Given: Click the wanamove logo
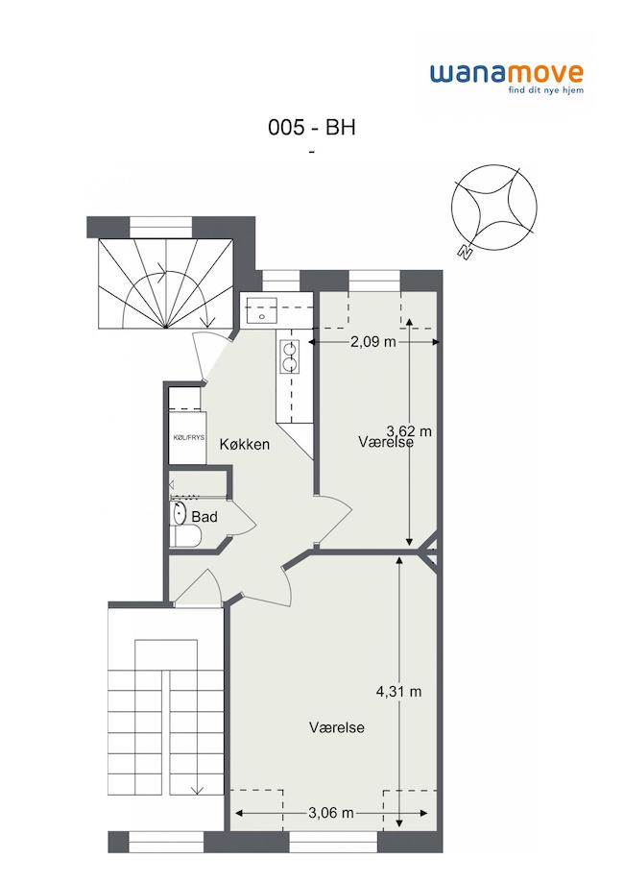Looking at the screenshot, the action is tap(507, 79).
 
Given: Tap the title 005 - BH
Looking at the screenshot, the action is tap(312, 128).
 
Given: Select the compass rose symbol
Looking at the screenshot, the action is tap(494, 207).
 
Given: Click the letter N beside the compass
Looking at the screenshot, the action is tap(465, 253).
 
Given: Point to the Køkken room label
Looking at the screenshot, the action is tap(245, 444).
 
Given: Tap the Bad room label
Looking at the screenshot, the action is tap(204, 516).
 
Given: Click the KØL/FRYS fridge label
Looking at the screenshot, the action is tap(188, 437).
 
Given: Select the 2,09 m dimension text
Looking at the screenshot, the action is tap(373, 342).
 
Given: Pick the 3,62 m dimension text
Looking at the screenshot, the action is tap(409, 431).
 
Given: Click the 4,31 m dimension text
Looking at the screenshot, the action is tap(399, 692).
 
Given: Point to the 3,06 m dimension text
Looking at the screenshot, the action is tap(331, 813).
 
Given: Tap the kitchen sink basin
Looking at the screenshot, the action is tap(261, 311).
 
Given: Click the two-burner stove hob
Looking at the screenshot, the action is tap(290, 357).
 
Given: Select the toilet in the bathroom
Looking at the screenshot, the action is tap(185, 536).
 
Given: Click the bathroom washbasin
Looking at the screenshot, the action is tap(180, 513).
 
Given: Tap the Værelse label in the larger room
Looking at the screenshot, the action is tap(336, 727).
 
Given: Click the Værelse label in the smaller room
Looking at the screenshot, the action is tap(386, 442).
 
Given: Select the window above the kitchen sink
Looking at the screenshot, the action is tap(281, 281).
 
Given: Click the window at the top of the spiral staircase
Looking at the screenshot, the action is tap(161, 227).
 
